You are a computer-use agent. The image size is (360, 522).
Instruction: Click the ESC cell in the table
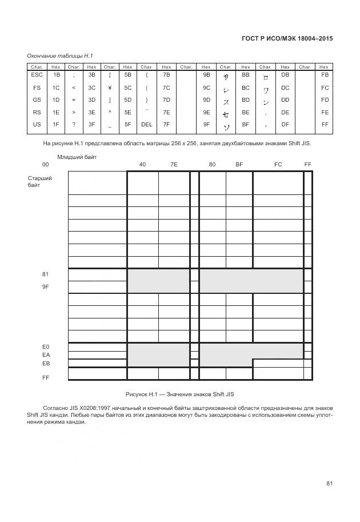(37, 75)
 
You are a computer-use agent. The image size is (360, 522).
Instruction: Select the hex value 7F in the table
(166, 124)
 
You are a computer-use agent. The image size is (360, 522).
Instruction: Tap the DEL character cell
(147, 124)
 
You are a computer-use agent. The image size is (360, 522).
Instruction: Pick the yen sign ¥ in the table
(109, 87)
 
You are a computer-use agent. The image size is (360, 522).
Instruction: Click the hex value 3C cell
(91, 87)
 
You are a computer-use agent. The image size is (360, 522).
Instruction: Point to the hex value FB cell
(325, 75)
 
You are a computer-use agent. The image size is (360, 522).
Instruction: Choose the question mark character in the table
(74, 124)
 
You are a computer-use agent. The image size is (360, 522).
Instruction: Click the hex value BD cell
(246, 99)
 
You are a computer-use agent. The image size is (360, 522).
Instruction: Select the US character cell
(37, 124)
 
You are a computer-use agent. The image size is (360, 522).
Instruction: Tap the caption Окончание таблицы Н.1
(60, 55)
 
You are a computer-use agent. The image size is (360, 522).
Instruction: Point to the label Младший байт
(77, 157)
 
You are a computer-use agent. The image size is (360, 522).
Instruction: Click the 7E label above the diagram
(174, 165)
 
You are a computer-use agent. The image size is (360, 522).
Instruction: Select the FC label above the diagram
(278, 165)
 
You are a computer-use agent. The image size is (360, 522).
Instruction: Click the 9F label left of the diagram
(46, 286)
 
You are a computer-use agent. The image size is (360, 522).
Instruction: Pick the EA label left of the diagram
(46, 354)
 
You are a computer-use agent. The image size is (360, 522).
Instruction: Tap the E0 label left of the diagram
(46, 346)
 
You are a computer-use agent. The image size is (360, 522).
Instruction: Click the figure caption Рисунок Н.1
(180, 395)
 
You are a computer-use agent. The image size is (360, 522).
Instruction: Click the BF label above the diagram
(239, 165)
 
